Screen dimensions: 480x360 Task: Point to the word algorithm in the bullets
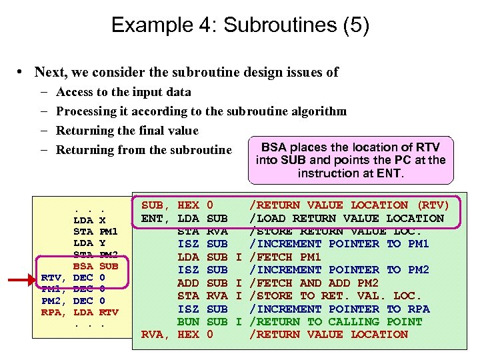(x=313, y=111)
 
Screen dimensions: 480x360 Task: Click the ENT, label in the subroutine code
(x=157, y=218)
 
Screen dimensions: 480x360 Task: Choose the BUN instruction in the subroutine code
(x=189, y=321)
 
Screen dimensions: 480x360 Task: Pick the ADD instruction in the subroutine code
(x=189, y=283)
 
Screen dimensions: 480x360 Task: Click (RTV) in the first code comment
(x=433, y=205)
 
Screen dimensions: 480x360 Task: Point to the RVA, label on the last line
(x=157, y=335)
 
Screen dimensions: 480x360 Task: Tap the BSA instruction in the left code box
(x=83, y=265)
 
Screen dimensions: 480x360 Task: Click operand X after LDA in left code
(x=102, y=219)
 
